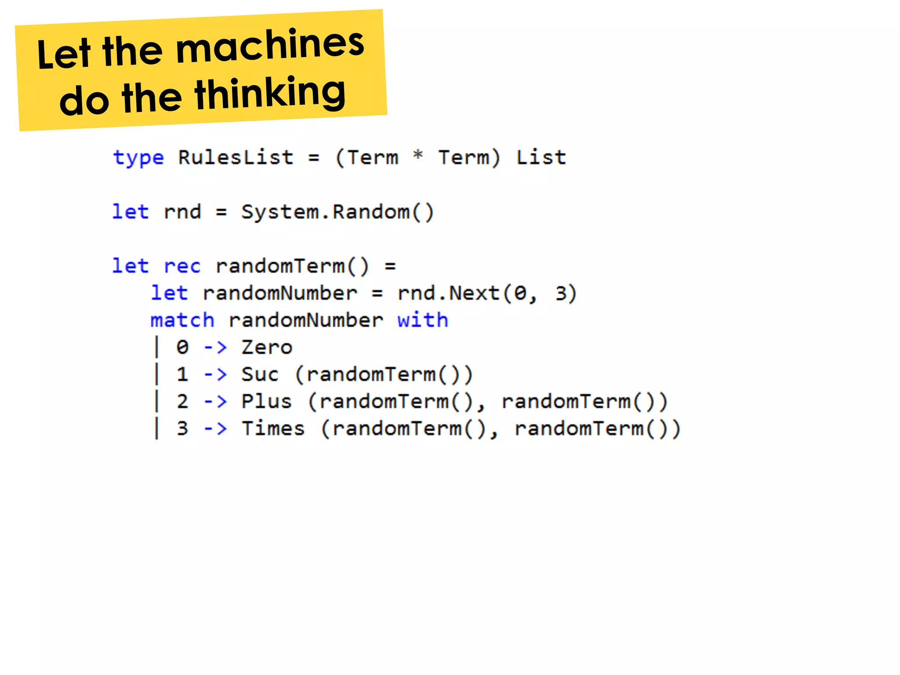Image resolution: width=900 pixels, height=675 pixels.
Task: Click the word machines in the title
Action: [270, 45]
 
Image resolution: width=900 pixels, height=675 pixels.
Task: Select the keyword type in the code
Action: [138, 158]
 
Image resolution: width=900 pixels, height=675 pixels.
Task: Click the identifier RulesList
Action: [236, 157]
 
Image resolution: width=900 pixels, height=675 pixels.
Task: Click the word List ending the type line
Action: [541, 157]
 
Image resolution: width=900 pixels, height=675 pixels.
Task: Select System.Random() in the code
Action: [337, 212]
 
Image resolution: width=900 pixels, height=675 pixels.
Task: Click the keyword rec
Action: [182, 266]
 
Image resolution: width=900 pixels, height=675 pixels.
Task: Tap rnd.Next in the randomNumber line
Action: [448, 293]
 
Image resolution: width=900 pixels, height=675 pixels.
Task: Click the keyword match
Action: [182, 320]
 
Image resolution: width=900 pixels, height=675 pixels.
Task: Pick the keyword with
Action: [422, 320]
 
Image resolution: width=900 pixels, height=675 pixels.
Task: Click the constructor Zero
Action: [267, 348]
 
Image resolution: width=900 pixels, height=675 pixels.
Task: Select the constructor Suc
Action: [260, 374]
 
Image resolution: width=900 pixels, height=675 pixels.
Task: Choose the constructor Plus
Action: [267, 401]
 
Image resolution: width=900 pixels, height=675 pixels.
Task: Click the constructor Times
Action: [273, 428]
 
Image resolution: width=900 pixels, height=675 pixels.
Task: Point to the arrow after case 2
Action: [215, 402]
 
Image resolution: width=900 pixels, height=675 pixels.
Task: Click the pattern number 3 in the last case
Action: [182, 428]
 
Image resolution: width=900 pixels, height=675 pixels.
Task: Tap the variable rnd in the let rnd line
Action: [182, 212]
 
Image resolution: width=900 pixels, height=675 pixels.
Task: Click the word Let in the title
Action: [64, 55]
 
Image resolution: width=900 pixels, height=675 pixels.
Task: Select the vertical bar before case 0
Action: [156, 347]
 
